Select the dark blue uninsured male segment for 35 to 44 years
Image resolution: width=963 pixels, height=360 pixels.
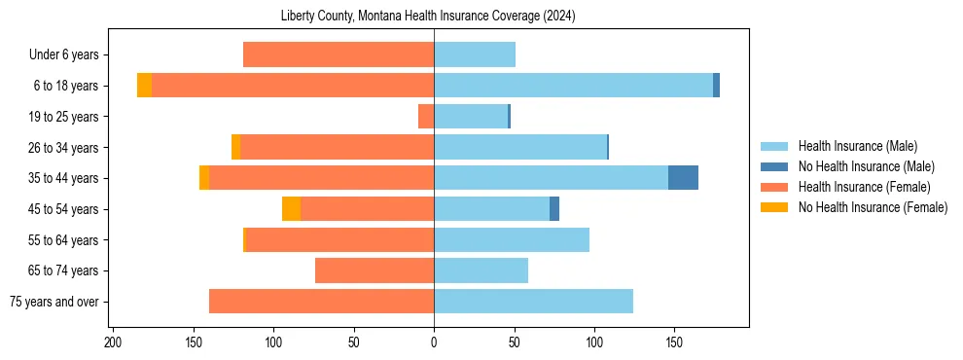coord(683,178)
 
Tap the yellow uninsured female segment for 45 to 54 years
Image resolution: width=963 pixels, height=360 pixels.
coord(291,209)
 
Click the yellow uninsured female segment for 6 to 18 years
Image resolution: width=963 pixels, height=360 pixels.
coord(144,86)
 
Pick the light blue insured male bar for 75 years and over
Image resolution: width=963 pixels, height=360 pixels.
coord(533,302)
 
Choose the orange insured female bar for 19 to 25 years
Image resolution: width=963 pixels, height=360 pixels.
coord(426,117)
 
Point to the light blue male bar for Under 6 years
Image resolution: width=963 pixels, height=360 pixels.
coord(475,54)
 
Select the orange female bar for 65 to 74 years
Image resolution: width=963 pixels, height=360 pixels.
coord(374,270)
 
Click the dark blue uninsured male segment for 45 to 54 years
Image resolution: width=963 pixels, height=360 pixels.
coord(554,209)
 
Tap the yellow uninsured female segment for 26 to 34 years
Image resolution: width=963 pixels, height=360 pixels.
coord(235,147)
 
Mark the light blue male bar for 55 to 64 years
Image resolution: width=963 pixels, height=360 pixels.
coord(512,239)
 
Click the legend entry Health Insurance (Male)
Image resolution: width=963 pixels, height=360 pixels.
coord(857,146)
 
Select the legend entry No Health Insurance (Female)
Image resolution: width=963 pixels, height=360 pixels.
coord(873,207)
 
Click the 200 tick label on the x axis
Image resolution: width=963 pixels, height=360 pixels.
coord(113,342)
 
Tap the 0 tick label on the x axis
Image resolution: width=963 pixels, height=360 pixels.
coord(434,342)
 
